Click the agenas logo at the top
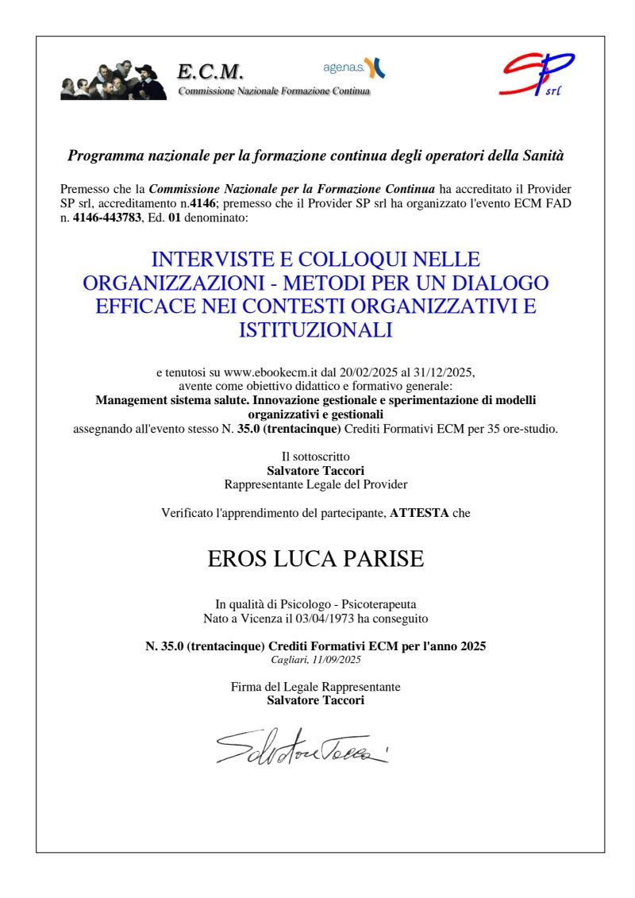(x=354, y=67)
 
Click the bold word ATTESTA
(x=419, y=513)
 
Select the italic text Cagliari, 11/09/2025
(x=316, y=659)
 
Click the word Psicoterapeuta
(x=373, y=604)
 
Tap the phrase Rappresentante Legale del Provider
(x=316, y=483)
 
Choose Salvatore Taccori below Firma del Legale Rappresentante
(x=316, y=700)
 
